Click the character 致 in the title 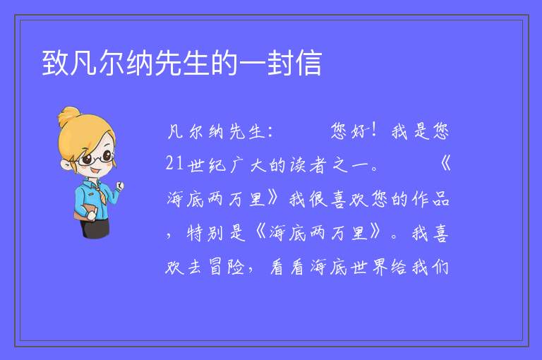click(x=56, y=63)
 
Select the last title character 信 click(x=308, y=63)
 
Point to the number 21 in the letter click(x=174, y=163)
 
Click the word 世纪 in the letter click(x=207, y=165)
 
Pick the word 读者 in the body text click(x=308, y=165)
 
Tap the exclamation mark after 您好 click(x=373, y=131)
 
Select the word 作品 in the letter click(x=430, y=199)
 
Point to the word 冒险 click(x=227, y=267)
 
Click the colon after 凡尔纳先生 click(x=270, y=132)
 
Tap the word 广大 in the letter click(x=248, y=165)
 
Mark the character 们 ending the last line click(x=440, y=267)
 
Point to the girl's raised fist click(x=119, y=186)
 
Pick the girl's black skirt click(x=95, y=227)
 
